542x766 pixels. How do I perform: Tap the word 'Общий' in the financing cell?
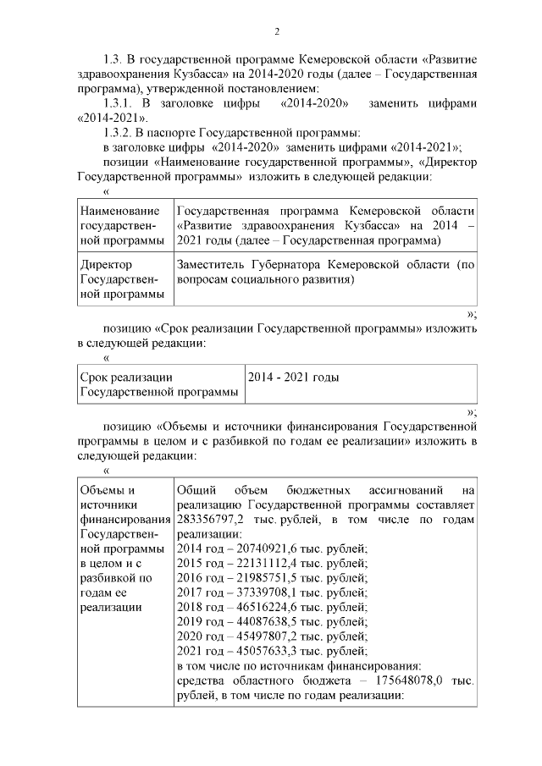(x=197, y=490)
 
